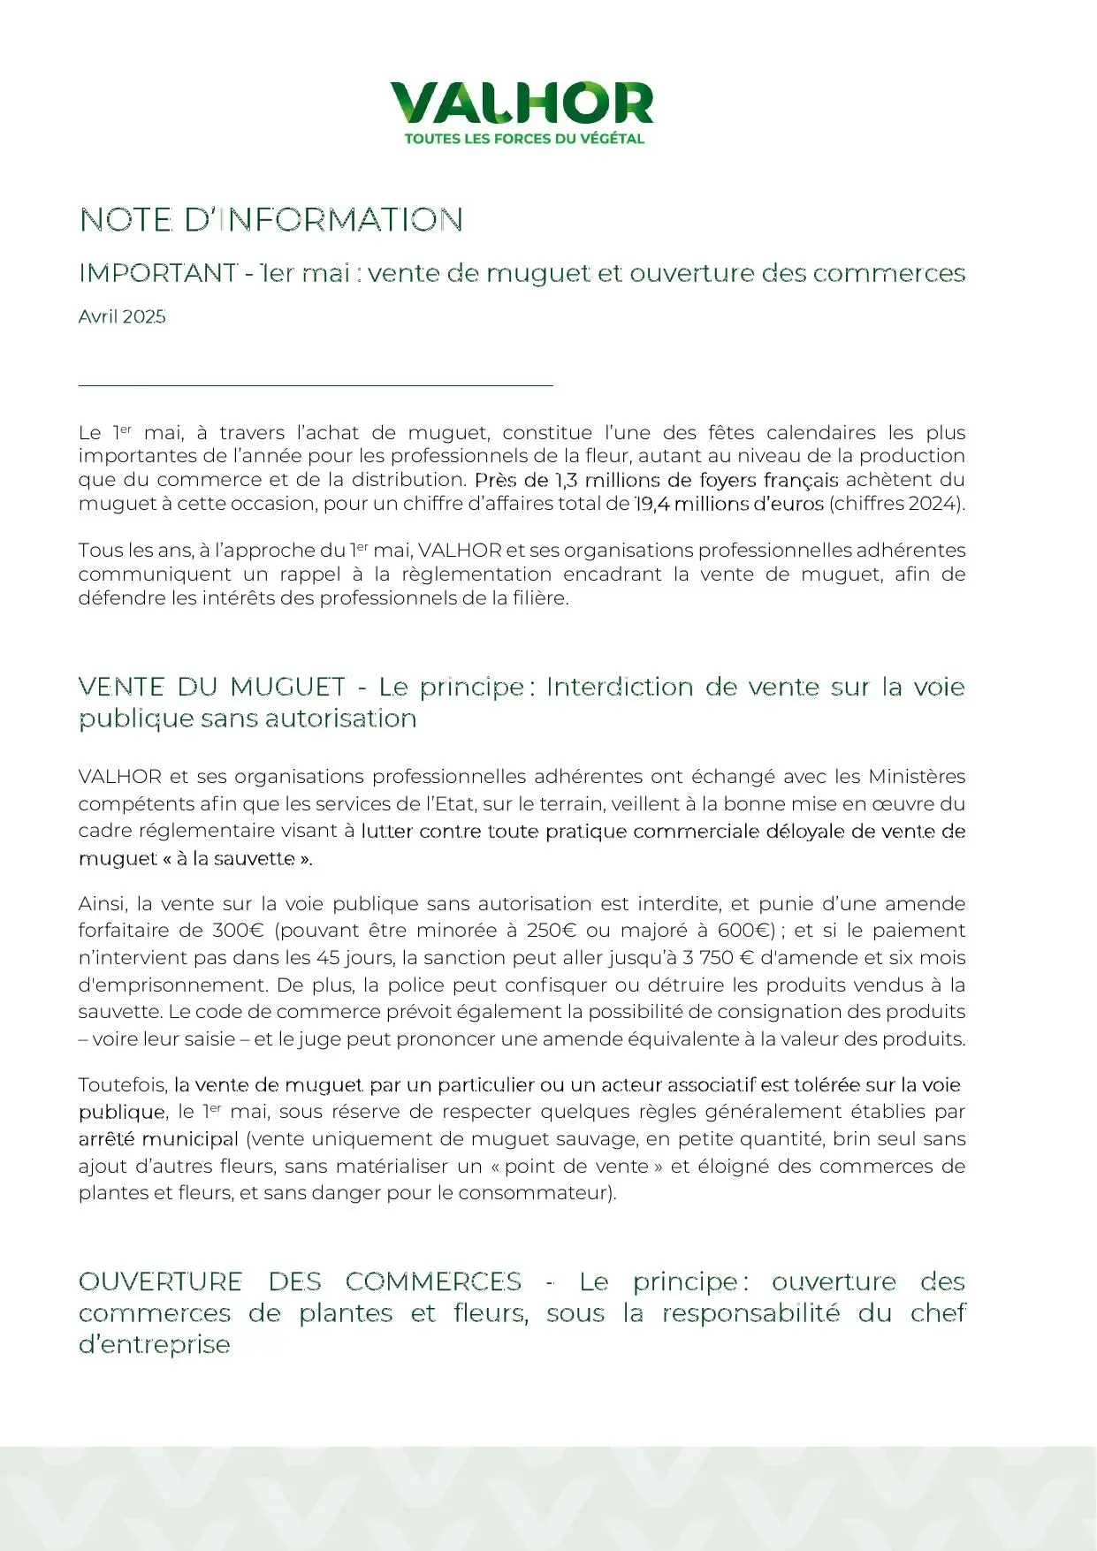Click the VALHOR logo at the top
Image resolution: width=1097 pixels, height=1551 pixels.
coord(522,103)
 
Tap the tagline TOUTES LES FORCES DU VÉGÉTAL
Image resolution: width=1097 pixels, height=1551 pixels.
coord(524,139)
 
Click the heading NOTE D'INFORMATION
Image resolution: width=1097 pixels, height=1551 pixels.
coord(271,220)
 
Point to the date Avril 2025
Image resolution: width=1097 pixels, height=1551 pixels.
coord(122,317)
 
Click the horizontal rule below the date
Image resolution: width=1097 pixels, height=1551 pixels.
coord(316,385)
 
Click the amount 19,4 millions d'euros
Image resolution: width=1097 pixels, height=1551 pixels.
coord(729,504)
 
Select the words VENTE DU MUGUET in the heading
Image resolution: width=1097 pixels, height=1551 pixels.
coord(212,687)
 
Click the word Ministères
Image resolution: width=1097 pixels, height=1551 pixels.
coord(917,777)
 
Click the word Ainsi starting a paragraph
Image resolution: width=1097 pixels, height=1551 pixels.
coord(103,904)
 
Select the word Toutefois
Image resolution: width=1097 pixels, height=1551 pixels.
coord(122,1084)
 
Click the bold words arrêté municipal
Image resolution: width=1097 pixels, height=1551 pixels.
coord(158,1139)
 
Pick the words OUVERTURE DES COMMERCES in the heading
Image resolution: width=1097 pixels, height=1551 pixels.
coord(300,1281)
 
